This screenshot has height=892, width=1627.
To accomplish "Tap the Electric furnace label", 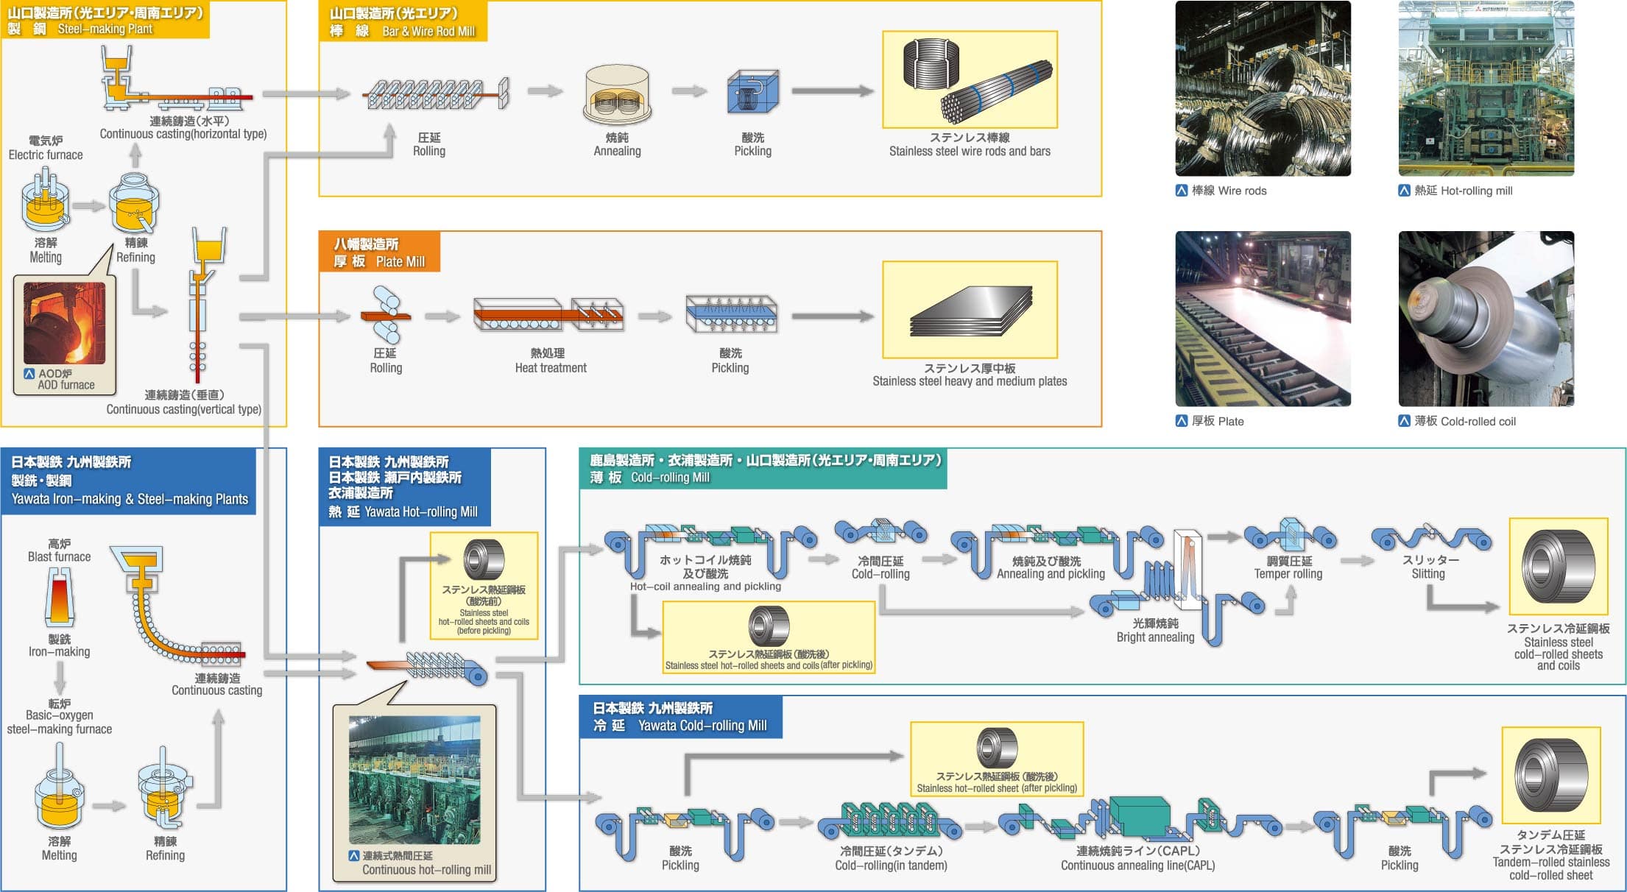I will point(46,148).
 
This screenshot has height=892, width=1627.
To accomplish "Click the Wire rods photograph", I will point(1263,88).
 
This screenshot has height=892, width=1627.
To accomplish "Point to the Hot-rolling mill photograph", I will point(1486,88).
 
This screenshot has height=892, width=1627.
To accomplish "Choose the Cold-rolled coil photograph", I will point(1486,319).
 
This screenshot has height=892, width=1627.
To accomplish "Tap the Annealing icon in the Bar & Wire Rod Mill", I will point(617,96).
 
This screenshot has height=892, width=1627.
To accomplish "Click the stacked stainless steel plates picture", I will point(970,310).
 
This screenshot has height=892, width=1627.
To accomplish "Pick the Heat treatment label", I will point(550,361).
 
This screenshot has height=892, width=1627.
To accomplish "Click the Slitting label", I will point(1428,567).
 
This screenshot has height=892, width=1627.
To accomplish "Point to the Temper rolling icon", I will point(1289,535).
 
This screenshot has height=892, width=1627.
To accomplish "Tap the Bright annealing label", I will point(1155,631).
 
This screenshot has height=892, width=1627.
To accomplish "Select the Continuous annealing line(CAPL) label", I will point(1137,858).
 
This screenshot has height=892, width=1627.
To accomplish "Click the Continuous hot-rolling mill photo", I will point(414,780).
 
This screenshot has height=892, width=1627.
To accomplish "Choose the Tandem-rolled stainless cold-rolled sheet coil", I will point(1550,775).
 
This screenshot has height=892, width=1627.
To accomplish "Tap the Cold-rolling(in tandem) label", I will point(891,858).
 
